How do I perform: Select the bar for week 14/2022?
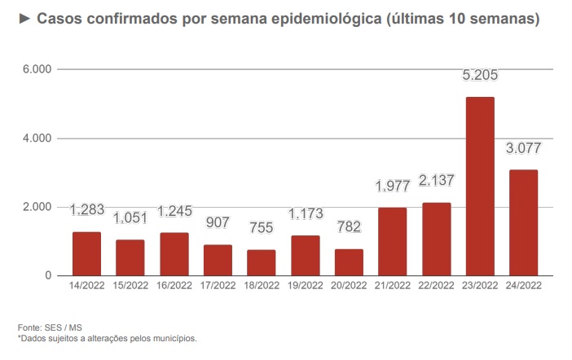coord(86,253)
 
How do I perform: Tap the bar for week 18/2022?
coord(261,262)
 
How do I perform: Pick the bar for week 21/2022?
coord(392,241)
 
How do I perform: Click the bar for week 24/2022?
coord(522,222)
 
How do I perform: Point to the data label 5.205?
coord(480,76)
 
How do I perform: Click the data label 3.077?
coord(523,148)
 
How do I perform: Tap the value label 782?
coord(348,227)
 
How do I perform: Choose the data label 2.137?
coord(436,180)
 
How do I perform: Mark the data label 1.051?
coord(130,217)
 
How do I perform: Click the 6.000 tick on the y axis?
coord(37,70)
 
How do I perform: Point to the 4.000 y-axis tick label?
coord(37,138)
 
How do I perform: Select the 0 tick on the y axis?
coord(49,275)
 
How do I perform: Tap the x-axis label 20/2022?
coord(348,286)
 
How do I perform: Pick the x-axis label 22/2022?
coord(436,286)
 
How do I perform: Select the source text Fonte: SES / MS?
coord(50,327)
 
